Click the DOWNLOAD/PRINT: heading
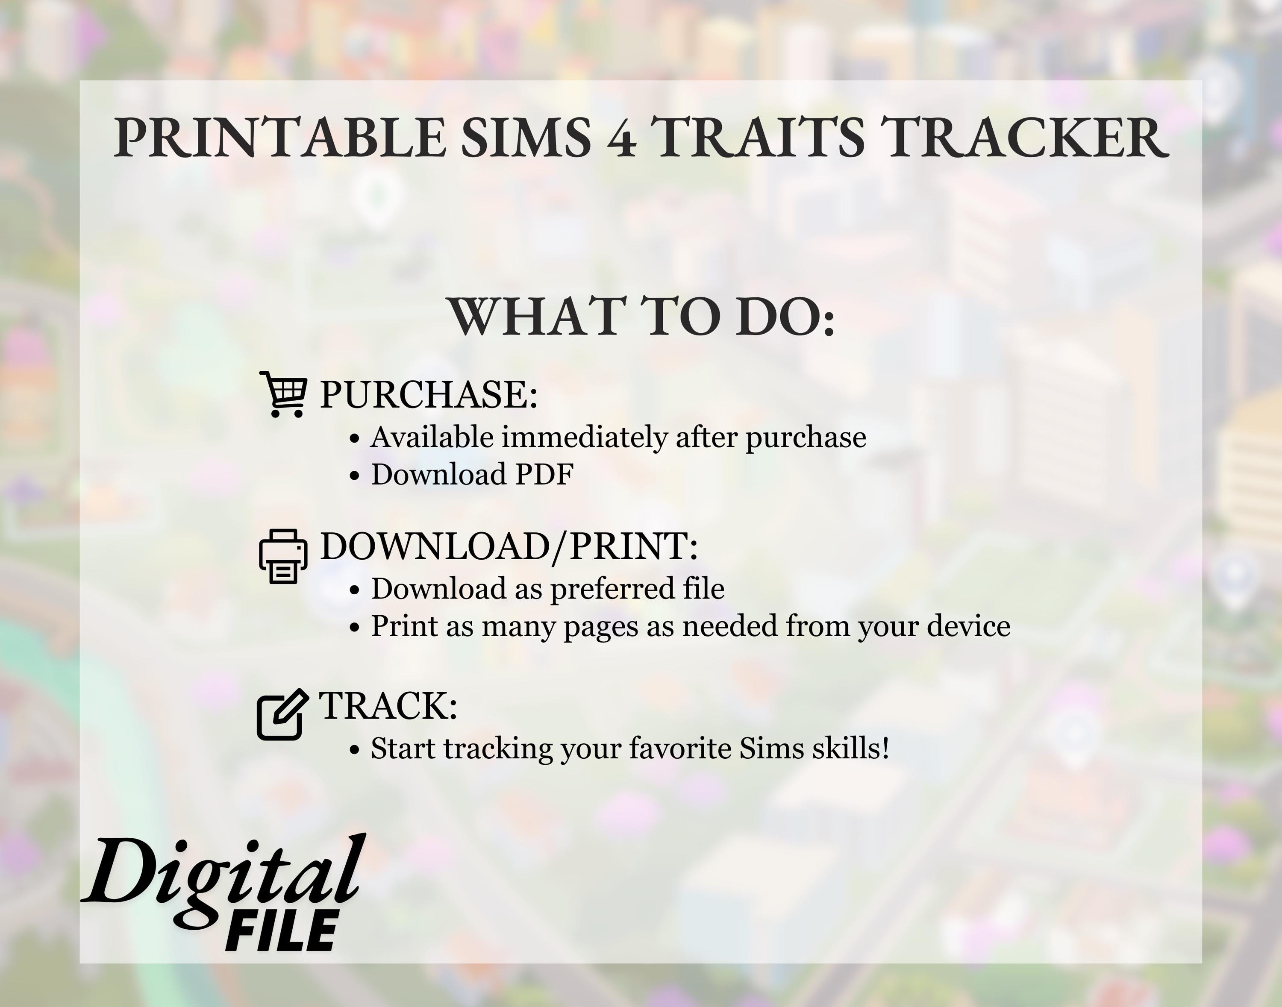(509, 546)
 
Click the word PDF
(544, 474)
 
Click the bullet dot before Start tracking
(354, 750)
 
